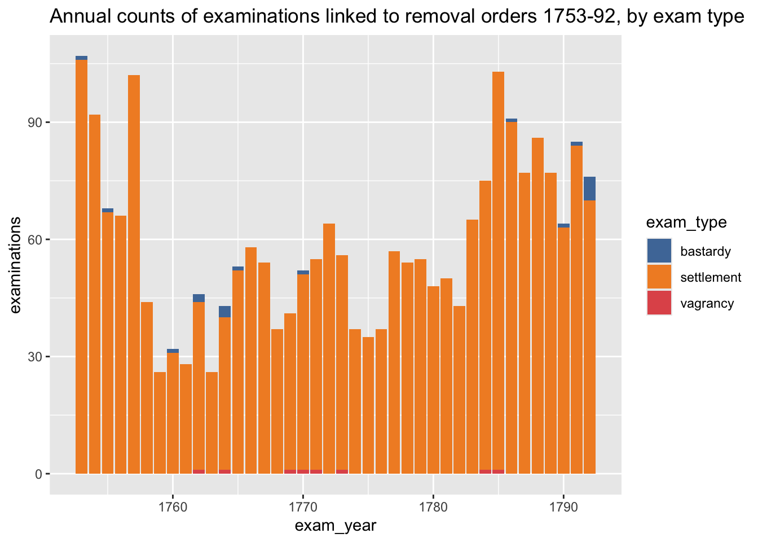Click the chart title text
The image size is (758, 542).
(x=396, y=16)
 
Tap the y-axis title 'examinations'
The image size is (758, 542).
(x=15, y=265)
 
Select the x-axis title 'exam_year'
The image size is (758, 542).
(x=336, y=526)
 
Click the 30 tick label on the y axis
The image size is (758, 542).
(x=34, y=357)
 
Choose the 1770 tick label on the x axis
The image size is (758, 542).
(x=303, y=507)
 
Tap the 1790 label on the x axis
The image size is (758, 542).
(x=563, y=507)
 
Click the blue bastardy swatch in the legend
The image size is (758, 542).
(x=659, y=251)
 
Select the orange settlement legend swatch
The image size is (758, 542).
(x=659, y=277)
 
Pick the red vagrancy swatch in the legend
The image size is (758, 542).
(x=659, y=303)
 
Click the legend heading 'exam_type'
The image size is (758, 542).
(x=686, y=222)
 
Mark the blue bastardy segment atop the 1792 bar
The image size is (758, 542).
(x=589, y=189)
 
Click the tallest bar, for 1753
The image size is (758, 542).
(x=82, y=265)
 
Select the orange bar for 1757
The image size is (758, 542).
(x=134, y=274)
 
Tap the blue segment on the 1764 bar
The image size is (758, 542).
(x=224, y=312)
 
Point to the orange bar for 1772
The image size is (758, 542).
(x=329, y=348)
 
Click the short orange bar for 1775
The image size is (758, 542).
(x=368, y=405)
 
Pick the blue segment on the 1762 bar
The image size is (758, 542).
(x=199, y=298)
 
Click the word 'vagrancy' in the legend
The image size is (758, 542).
(x=707, y=304)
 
